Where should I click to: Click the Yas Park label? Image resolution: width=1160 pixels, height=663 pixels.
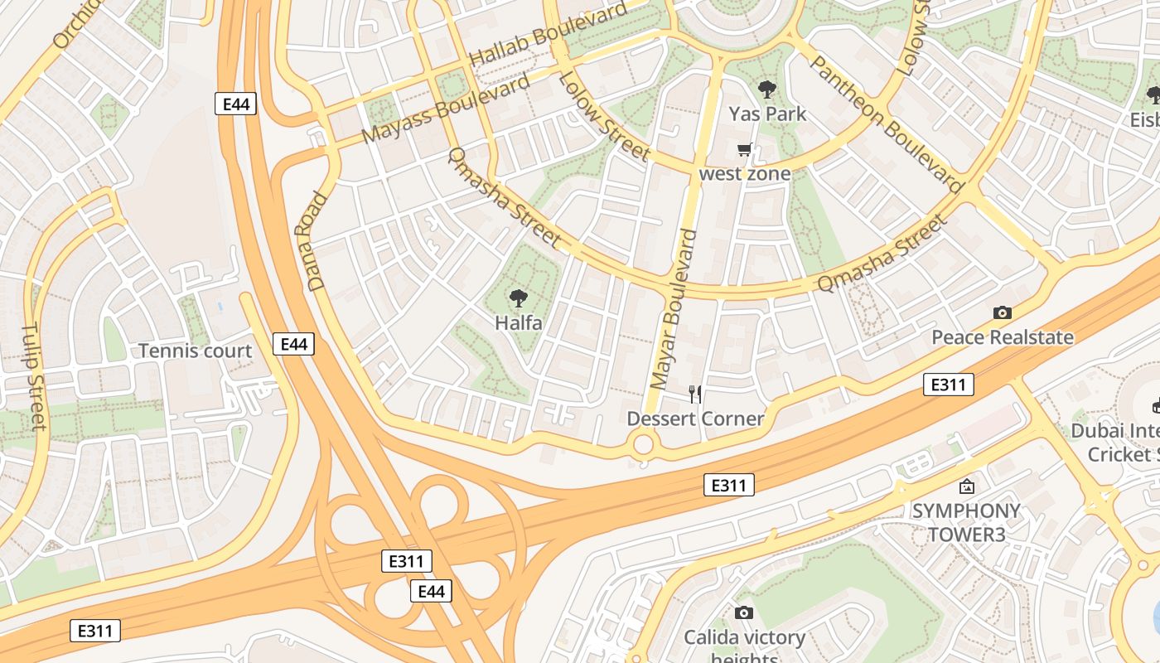pyautogui.click(x=767, y=114)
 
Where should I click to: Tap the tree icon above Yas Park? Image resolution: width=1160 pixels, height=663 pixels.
pyautogui.click(x=767, y=89)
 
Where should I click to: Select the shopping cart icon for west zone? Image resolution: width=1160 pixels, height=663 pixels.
pyautogui.click(x=744, y=150)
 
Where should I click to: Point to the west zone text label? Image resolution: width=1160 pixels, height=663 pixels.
pyautogui.click(x=744, y=173)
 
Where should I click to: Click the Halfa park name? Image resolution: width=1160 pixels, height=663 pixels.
pyautogui.click(x=519, y=322)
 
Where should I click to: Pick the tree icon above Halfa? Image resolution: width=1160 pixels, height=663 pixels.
pyautogui.click(x=519, y=298)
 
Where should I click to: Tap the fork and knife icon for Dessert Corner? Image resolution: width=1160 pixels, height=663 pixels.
pyautogui.click(x=695, y=394)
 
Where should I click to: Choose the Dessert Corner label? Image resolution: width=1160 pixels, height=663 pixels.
pyautogui.click(x=695, y=419)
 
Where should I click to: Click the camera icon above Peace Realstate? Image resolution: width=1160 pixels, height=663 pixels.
pyautogui.click(x=1003, y=312)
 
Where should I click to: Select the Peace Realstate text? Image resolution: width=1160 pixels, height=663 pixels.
pyautogui.click(x=1003, y=337)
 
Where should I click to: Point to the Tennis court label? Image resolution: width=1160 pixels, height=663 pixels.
pyautogui.click(x=195, y=351)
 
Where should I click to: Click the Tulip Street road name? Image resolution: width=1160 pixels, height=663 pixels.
pyautogui.click(x=34, y=377)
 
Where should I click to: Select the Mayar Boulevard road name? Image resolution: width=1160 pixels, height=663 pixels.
pyautogui.click(x=674, y=309)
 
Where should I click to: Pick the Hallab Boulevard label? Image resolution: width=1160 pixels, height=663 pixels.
pyautogui.click(x=548, y=36)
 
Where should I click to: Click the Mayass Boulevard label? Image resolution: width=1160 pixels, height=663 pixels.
pyautogui.click(x=446, y=109)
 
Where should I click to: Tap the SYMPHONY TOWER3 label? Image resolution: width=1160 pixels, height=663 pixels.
pyautogui.click(x=966, y=522)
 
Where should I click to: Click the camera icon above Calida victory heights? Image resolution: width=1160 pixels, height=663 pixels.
pyautogui.click(x=744, y=612)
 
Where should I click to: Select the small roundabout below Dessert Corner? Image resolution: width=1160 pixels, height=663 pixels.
pyautogui.click(x=644, y=445)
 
